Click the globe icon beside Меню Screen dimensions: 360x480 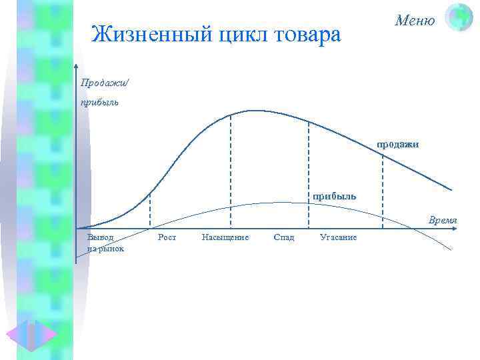point(459,17)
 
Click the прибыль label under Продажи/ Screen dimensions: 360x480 point(99,103)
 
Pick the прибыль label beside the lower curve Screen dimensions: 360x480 point(335,196)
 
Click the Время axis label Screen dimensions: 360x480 point(443,220)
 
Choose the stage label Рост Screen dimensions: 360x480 point(167,237)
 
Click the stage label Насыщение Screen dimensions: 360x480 point(225,237)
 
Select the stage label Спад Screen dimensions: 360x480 point(283,237)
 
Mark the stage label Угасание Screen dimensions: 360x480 point(338,237)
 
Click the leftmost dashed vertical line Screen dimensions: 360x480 point(149,210)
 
